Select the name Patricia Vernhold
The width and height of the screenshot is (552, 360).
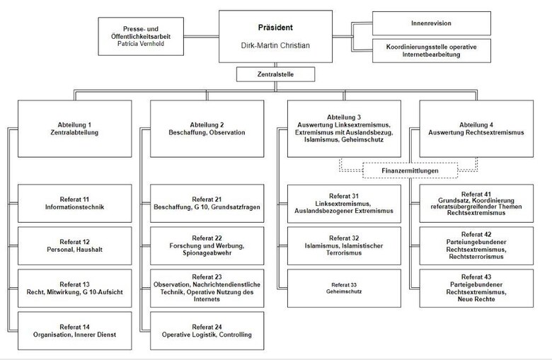149,43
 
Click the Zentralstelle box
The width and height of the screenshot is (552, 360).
276,73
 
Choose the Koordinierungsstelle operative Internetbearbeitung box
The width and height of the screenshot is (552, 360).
431,51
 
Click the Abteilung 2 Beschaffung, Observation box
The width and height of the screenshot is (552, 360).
207,128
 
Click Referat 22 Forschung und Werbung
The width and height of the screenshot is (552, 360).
207,245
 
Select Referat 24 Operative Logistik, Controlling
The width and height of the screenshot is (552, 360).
207,330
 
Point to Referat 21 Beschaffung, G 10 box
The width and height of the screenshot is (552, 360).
207,203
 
